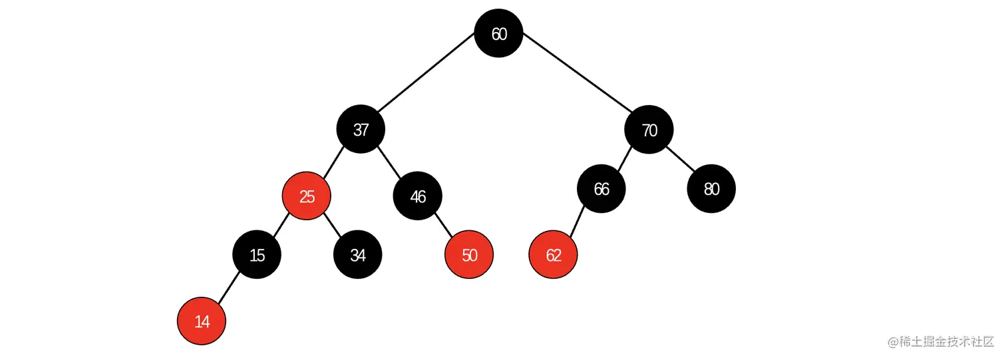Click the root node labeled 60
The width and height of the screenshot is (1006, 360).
[x=499, y=33]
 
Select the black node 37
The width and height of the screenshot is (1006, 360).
[x=361, y=129]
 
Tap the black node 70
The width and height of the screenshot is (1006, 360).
[x=649, y=130]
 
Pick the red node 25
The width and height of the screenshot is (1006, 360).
[x=307, y=196]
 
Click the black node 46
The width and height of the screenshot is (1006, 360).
[x=418, y=196]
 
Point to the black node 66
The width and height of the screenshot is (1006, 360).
[x=601, y=189]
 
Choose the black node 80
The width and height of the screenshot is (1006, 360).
[x=711, y=189]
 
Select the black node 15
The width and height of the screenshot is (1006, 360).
[x=257, y=255]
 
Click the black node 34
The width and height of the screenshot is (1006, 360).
[x=358, y=255]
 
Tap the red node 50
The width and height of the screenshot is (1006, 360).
[x=469, y=255]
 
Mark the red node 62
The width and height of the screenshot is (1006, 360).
[x=554, y=255]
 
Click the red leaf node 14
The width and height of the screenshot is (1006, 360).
[x=202, y=321]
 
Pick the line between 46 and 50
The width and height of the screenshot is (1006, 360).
[x=444, y=226]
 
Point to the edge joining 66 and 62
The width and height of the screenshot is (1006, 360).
[x=577, y=222]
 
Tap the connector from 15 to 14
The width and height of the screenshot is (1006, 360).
[x=230, y=288]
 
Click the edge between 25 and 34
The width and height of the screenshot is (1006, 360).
[x=332, y=226]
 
